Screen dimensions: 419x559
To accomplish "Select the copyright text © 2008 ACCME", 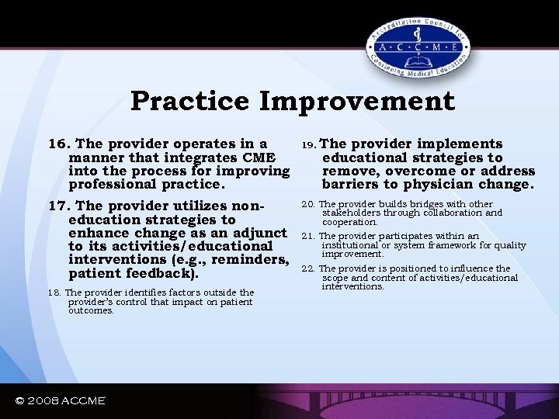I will click(x=60, y=400).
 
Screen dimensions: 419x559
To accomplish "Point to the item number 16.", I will click(x=59, y=144).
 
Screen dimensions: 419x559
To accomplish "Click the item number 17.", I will click(x=59, y=206).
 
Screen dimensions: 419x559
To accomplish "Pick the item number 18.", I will click(x=54, y=293).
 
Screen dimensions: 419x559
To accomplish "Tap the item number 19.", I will click(x=307, y=144).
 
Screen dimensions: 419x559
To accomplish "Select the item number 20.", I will click(x=307, y=204).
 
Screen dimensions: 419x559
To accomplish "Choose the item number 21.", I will click(x=307, y=237).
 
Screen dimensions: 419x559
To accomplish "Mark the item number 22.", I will click(x=307, y=269).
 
